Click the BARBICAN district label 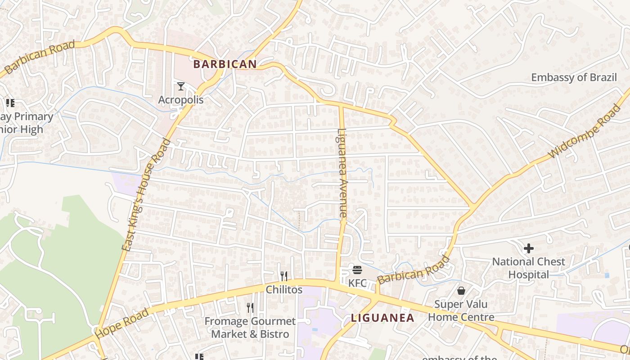225,64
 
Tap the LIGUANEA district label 382,318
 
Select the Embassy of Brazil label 574,77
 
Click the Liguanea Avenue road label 342,173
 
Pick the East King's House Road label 147,194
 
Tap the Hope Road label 122,323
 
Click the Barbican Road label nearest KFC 414,270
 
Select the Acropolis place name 181,100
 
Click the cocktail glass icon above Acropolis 181,86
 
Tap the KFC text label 358,283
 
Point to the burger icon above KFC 358,270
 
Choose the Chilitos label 284,289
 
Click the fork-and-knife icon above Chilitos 284,276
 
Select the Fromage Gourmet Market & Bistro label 250,328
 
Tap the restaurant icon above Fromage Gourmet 250,308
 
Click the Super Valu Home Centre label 461,310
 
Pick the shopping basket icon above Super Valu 461,291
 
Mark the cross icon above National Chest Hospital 529,248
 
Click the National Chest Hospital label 529,268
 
